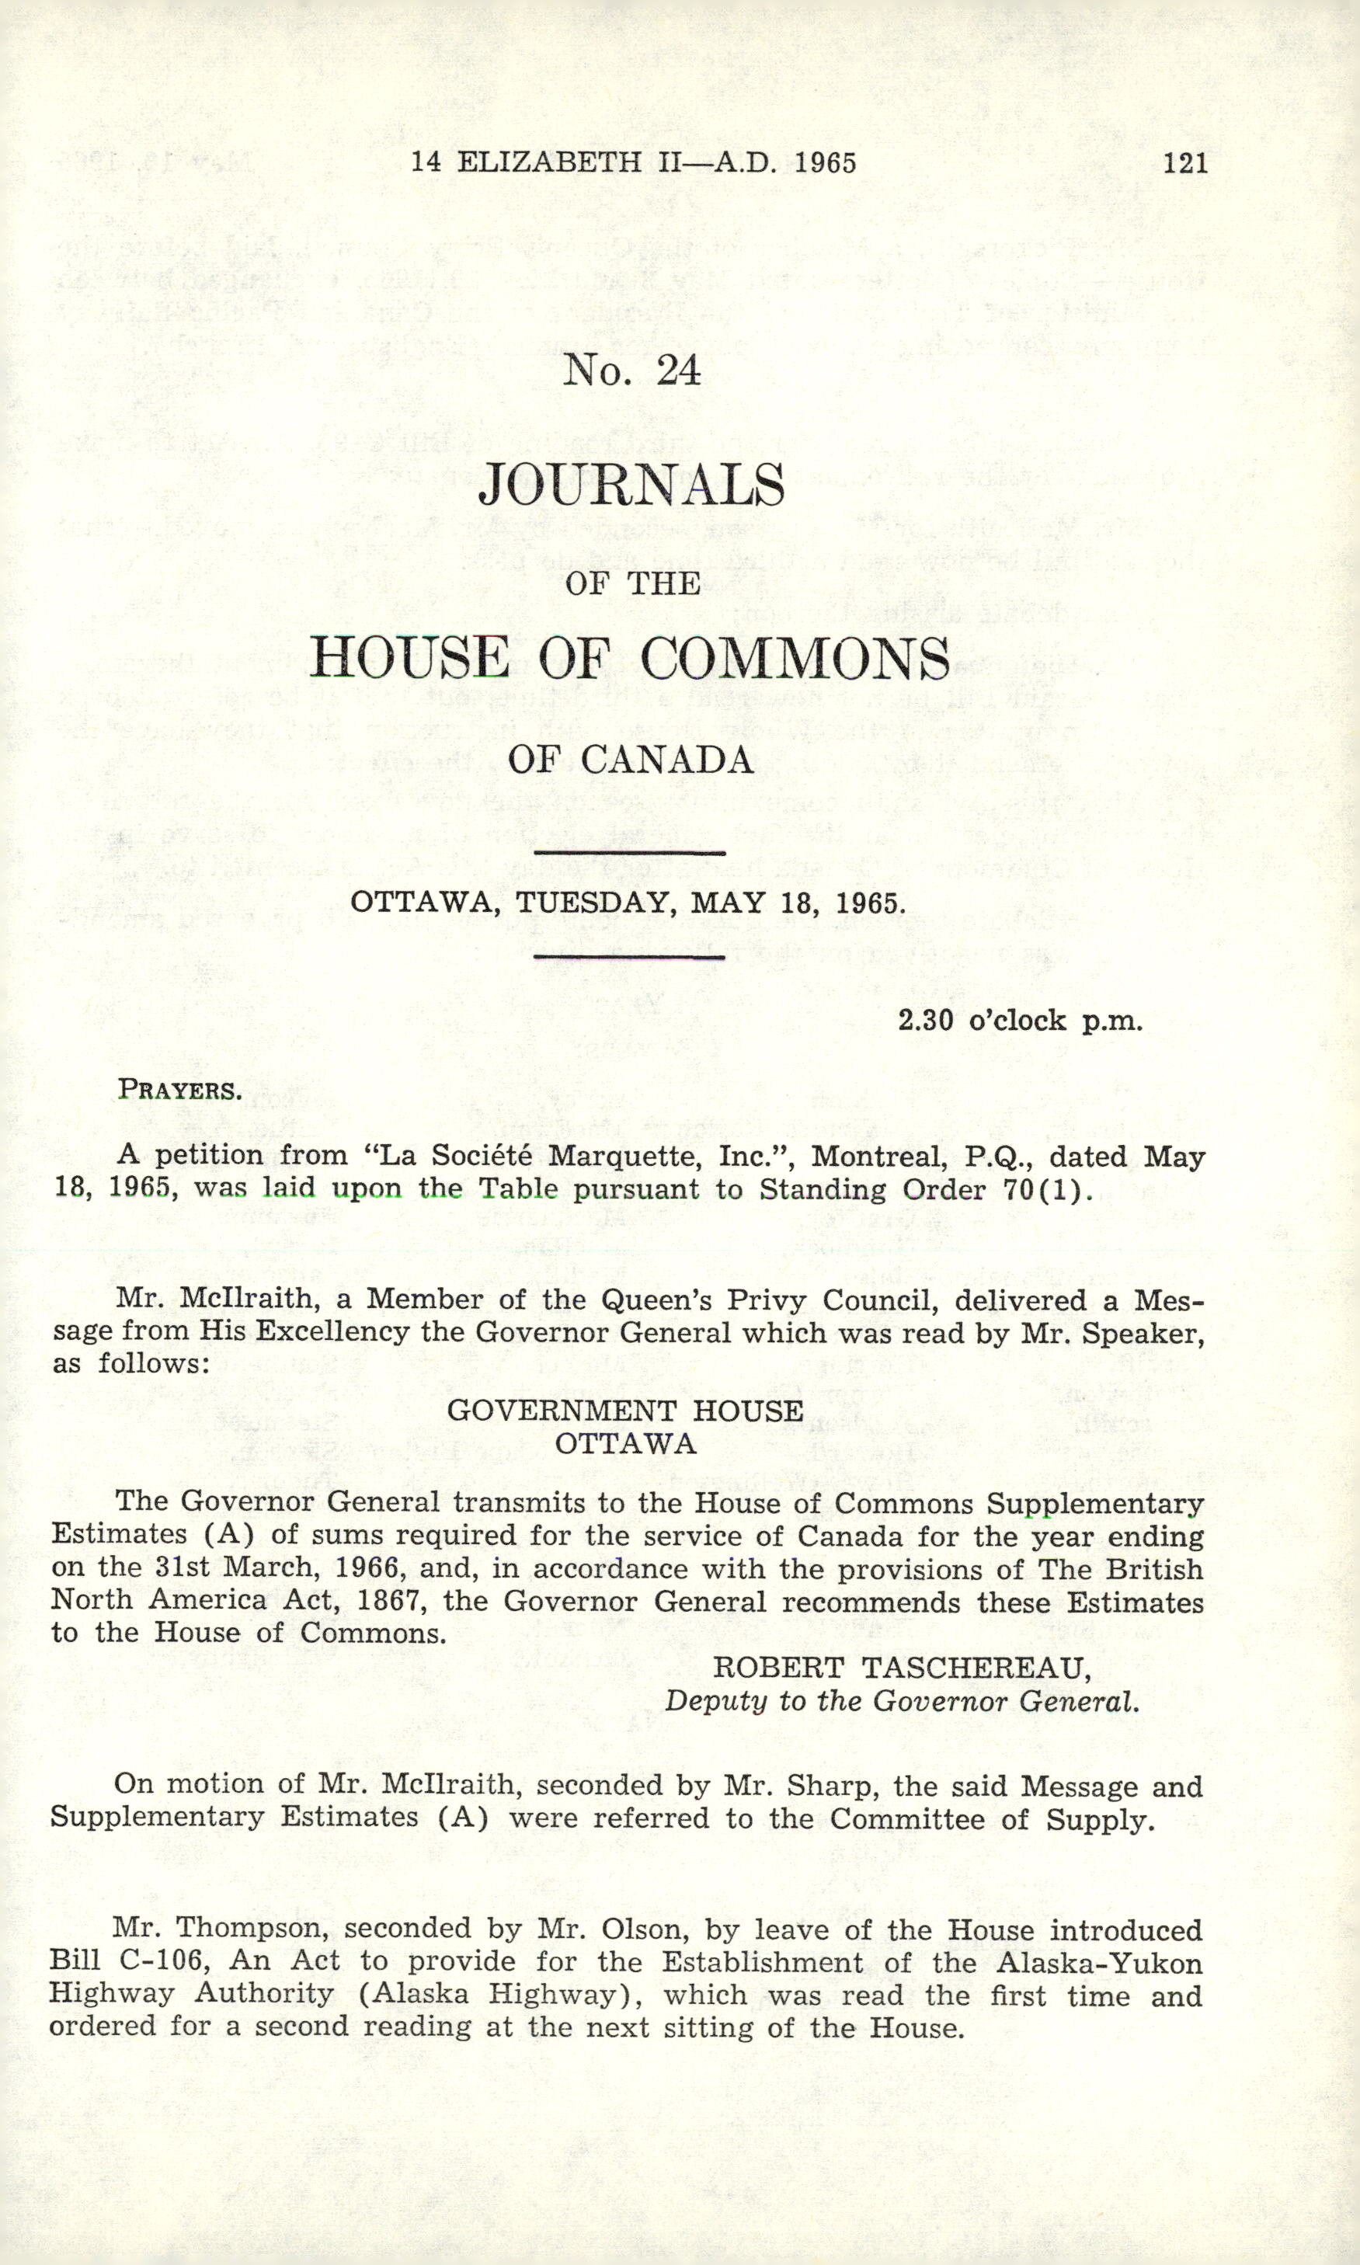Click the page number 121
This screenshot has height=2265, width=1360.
click(1185, 163)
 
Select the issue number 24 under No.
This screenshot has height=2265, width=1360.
click(678, 371)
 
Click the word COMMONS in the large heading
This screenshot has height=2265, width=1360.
click(795, 658)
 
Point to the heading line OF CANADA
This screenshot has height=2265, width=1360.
click(631, 760)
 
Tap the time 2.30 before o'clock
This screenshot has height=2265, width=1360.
click(926, 1020)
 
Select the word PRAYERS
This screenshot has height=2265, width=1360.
click(179, 1091)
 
